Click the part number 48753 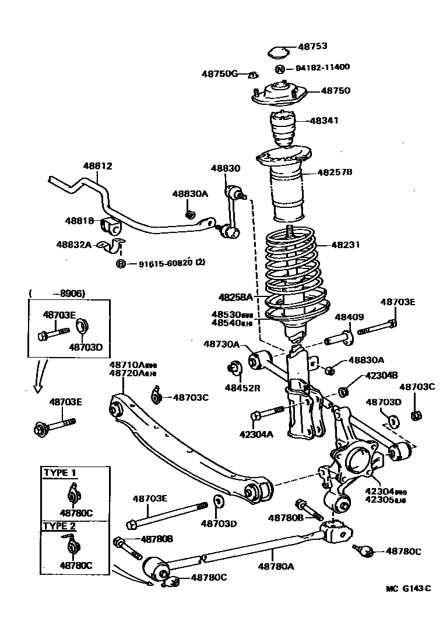pos(312,47)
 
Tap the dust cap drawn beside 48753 pos(279,52)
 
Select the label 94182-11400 pos(322,67)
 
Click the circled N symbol pos(280,69)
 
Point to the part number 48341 pos(324,121)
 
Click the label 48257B pos(335,172)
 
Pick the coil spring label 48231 pos(346,245)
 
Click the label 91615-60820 pos(166,264)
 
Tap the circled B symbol pos(121,264)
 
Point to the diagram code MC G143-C pos(407,588)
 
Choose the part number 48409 pos(349,317)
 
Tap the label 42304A pos(257,433)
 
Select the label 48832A pos(74,245)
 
